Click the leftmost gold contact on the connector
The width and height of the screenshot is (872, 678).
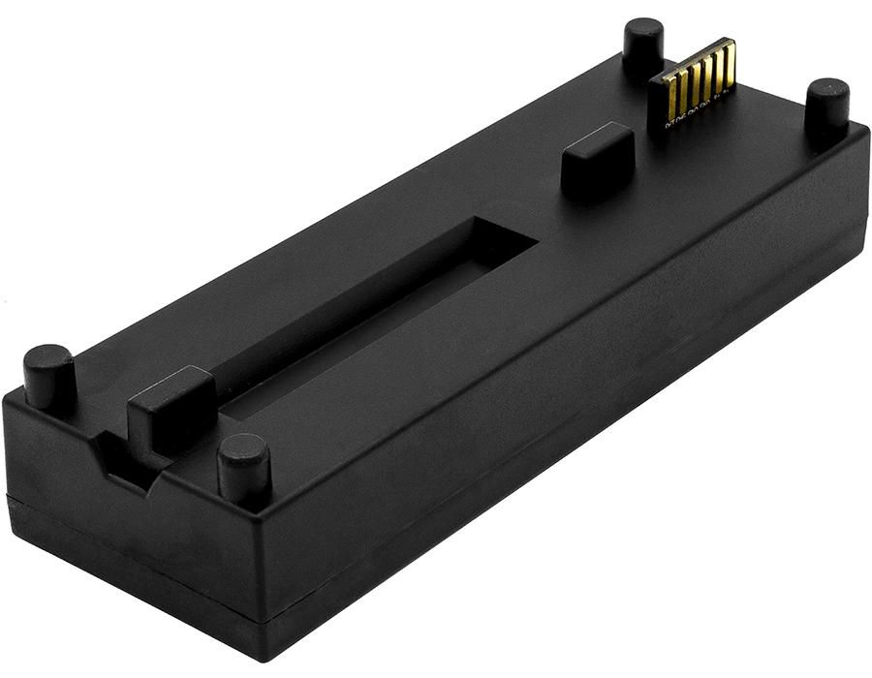[670, 93]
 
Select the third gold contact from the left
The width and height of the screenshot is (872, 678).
[693, 80]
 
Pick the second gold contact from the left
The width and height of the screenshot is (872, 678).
[681, 87]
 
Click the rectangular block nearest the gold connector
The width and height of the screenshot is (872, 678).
[597, 158]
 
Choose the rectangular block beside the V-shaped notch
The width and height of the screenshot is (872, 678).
[171, 408]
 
